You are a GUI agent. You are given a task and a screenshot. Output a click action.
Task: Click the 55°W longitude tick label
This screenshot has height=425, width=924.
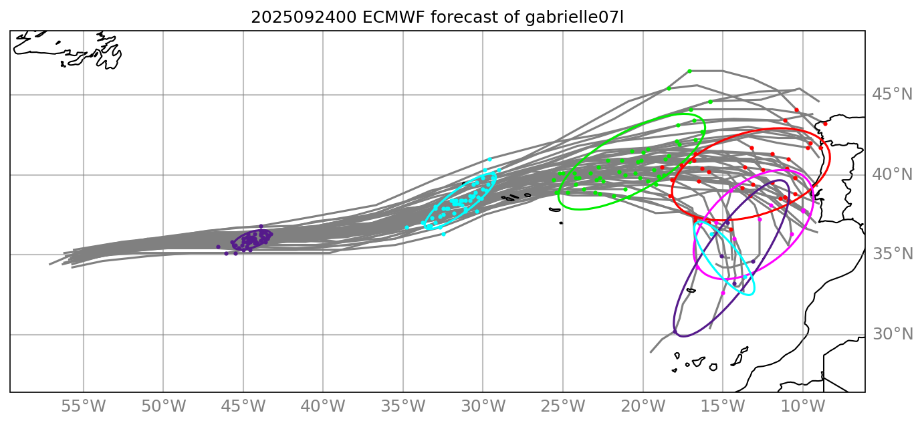coord(84,407)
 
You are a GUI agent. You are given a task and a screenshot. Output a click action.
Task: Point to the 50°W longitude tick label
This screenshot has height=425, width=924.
coord(163,407)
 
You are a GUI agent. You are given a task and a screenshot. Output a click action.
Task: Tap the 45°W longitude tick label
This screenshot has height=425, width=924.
coord(243,407)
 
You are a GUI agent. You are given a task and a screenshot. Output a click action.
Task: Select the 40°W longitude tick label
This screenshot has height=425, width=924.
coord(323,407)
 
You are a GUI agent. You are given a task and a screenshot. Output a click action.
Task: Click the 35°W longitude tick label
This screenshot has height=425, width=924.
coord(403,407)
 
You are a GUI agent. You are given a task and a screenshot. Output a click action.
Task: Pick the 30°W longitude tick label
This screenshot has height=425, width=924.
coord(483,407)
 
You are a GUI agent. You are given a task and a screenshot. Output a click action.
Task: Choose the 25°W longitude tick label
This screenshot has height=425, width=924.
coord(563,407)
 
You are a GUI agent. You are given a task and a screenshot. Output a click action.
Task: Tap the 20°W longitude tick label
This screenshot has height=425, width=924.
coord(643,407)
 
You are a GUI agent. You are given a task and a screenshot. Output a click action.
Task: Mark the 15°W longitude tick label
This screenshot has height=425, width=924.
coord(723,407)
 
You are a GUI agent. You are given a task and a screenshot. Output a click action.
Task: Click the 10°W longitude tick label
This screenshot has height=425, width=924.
coord(802,407)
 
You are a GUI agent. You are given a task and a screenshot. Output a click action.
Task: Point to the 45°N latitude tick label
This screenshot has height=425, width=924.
coord(892,95)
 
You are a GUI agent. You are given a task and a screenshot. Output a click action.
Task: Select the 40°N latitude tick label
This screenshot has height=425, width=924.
coord(892,174)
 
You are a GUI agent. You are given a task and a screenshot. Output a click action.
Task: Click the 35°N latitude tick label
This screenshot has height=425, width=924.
coord(892,255)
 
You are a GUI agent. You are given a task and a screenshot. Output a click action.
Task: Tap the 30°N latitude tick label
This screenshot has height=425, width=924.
coord(892,334)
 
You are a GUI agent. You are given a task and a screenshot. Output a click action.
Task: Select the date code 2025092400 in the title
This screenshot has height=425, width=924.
coord(304,17)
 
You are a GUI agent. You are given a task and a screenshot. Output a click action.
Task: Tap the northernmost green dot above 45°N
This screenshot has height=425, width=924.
coord(689,71)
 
